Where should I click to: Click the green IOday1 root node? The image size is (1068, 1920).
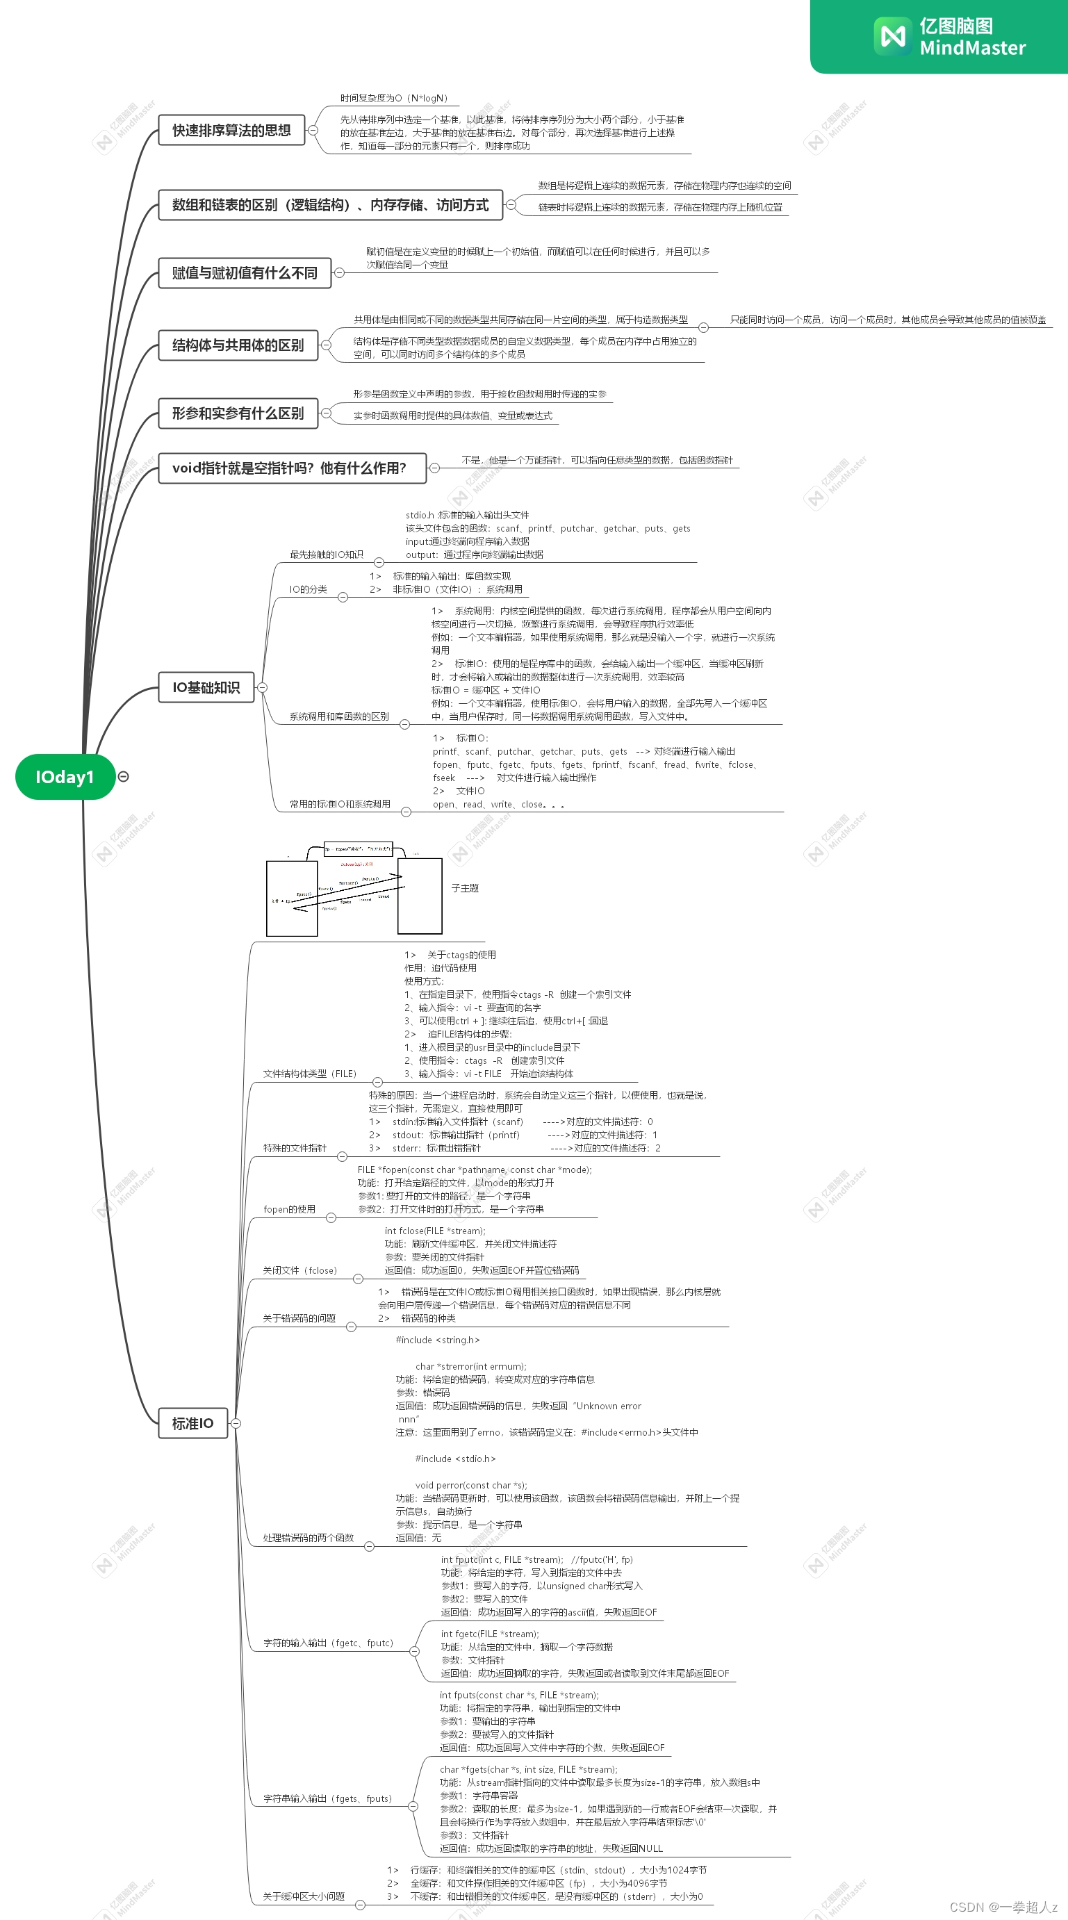point(65,777)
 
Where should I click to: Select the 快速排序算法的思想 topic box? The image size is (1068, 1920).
point(232,131)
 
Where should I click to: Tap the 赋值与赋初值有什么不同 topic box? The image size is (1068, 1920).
point(245,273)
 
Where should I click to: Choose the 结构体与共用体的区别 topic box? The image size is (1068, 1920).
point(238,345)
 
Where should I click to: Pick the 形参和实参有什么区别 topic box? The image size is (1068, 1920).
point(238,413)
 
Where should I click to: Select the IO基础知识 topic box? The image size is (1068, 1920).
point(206,687)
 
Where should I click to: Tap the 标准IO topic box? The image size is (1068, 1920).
point(192,1423)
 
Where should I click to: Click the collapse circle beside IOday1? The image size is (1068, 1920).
point(124,777)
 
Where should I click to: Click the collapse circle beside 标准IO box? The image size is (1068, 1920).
point(236,1423)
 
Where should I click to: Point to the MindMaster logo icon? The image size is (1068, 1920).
point(892,35)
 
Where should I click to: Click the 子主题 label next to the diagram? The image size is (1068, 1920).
point(464,889)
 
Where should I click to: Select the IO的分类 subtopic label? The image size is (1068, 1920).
point(308,589)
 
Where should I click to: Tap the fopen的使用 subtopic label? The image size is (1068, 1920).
point(289,1209)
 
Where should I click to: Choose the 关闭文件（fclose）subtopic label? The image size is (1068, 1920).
point(299,1270)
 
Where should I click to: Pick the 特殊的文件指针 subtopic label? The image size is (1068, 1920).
point(295,1148)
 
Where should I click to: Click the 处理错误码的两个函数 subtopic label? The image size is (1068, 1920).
point(308,1537)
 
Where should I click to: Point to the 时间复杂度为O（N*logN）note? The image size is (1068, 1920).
point(393,99)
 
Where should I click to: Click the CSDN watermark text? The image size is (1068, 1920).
point(1003,1907)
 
